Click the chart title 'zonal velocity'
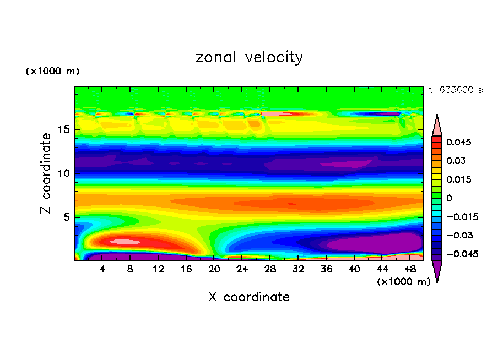pos(249,57)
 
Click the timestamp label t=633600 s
pos(455,90)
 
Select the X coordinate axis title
pos(249,297)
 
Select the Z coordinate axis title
pos(47,173)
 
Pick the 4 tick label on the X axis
pos(102,269)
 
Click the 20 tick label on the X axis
pos(214,269)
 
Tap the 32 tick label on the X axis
pos(298,269)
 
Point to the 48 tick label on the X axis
pos(409,269)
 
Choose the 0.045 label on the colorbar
pos(458,142)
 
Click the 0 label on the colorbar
pos(449,198)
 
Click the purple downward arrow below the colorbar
pos(437,271)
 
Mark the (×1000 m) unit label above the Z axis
pos(52,72)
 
